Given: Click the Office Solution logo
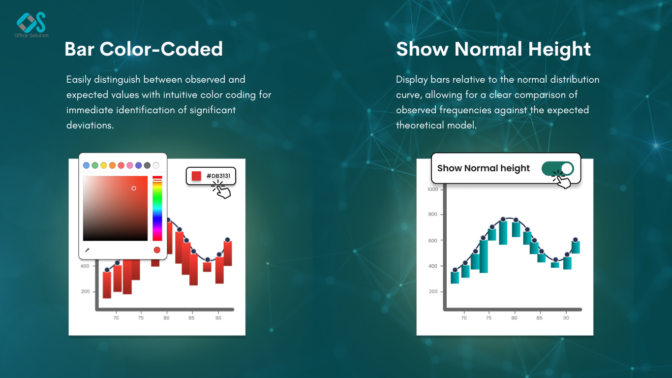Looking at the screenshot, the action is click(31, 25).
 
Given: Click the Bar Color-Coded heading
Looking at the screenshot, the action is click(143, 49).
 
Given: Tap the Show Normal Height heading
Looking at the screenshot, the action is click(493, 49).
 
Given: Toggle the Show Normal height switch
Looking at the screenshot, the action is click(558, 169).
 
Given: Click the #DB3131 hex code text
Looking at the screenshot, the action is click(218, 176).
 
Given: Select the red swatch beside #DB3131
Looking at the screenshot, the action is click(196, 176).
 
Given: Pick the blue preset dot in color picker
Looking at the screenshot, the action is click(86, 165).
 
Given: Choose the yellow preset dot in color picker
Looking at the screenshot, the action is click(103, 165).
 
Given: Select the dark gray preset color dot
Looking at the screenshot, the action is click(147, 165).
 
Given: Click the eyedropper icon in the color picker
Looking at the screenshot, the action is click(87, 250).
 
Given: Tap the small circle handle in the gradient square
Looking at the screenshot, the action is click(134, 188).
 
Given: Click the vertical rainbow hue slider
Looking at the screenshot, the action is click(157, 208).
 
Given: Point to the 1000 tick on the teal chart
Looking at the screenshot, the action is click(432, 189).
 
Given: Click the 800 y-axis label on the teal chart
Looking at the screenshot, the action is click(432, 215).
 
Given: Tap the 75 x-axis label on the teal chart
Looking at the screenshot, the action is click(489, 318).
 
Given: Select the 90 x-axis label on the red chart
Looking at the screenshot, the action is click(218, 318).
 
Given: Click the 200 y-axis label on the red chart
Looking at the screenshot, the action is click(85, 291).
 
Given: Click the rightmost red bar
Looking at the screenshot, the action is click(228, 253).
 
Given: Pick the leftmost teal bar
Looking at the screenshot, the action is click(455, 278).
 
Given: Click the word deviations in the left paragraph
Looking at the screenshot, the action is click(90, 125).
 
